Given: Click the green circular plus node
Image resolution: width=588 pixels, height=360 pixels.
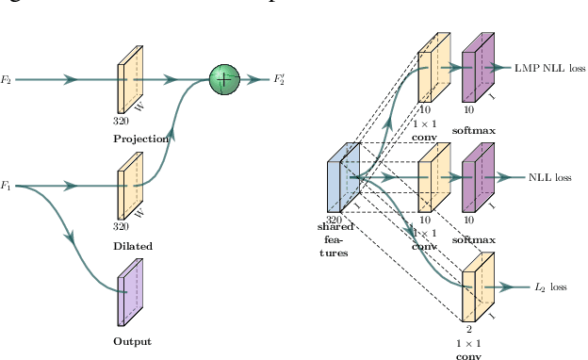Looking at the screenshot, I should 223,80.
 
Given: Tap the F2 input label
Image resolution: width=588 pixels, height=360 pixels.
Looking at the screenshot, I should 7,81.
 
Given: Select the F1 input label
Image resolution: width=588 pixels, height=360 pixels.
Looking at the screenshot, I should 7,185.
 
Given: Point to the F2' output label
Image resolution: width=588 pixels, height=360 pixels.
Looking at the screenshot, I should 281,81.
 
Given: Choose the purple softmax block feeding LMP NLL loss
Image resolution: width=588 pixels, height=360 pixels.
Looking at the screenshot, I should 477,68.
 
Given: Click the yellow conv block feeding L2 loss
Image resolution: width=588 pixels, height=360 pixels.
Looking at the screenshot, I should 478,286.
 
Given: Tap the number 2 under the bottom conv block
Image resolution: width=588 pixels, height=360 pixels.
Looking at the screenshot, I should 469,331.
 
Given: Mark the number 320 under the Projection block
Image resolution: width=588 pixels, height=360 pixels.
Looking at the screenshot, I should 120,122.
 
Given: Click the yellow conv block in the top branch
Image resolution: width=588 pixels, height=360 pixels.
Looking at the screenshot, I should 433,68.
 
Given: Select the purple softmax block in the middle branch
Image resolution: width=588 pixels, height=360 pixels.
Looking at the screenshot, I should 477,177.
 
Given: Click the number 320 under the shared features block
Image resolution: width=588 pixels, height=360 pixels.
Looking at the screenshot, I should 334,220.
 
